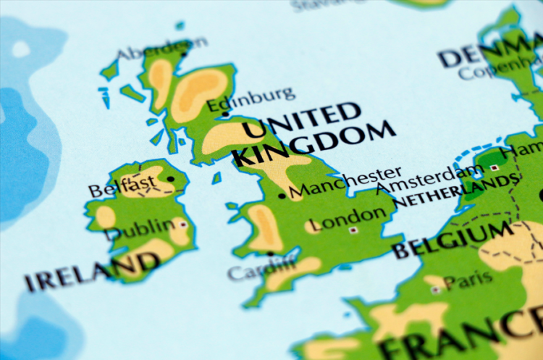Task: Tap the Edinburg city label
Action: (251, 99)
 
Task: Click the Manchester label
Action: (345, 183)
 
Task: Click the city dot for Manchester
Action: (282, 196)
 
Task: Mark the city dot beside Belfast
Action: (171, 178)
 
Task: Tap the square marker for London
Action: (353, 230)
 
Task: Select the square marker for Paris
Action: (435, 290)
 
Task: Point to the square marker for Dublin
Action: (182, 225)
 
